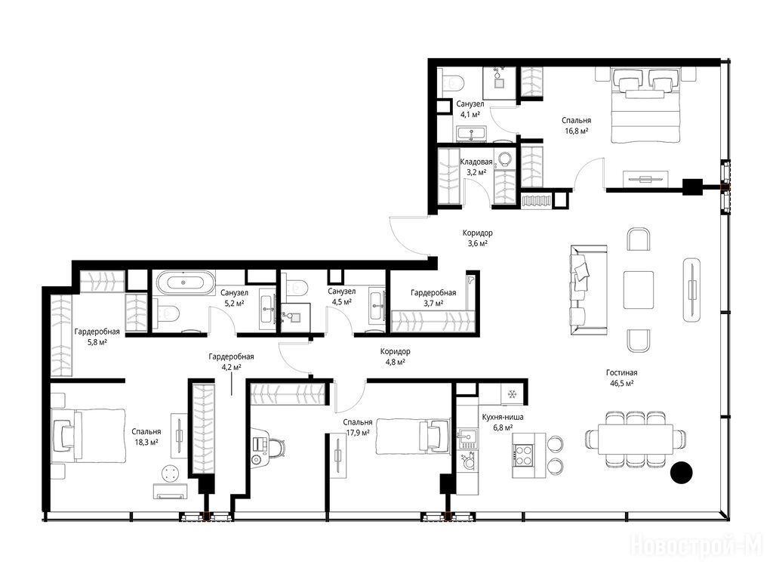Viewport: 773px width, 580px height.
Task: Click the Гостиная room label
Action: (x=622, y=373)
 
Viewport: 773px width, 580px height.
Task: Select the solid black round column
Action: (x=682, y=473)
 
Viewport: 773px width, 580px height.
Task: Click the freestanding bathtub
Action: (x=185, y=282)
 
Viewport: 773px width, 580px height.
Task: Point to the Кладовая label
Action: (x=476, y=162)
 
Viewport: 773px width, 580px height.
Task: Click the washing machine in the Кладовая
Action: (x=504, y=159)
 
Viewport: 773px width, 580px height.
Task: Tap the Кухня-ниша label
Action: (x=503, y=417)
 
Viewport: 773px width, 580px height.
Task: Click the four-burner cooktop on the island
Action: (x=522, y=455)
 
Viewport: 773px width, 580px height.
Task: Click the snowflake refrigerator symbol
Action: (x=513, y=394)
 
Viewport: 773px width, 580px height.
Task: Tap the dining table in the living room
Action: (x=636, y=439)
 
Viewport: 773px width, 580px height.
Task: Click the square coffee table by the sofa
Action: (x=639, y=290)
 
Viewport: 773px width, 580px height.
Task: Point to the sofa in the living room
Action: (x=588, y=285)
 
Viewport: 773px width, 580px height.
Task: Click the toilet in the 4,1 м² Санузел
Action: (x=452, y=82)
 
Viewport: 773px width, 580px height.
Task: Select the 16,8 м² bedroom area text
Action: (x=576, y=131)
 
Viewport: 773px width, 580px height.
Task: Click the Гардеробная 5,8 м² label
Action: (x=97, y=337)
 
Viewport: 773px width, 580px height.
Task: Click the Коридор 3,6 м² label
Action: (x=477, y=238)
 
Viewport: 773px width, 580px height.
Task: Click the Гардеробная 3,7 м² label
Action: (x=433, y=298)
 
